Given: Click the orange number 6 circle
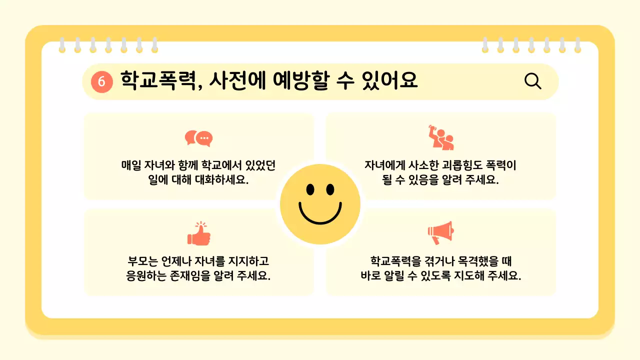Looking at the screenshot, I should click(101, 81).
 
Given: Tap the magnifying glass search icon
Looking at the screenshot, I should click(533, 81).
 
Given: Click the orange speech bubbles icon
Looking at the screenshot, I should click(198, 138).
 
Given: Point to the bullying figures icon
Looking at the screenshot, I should click(440, 138).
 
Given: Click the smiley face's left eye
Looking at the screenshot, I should click(310, 189).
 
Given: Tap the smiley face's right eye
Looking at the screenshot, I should click(330, 189).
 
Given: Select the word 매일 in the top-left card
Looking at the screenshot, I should click(131, 165).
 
